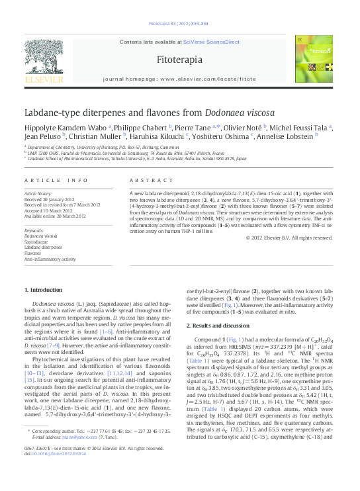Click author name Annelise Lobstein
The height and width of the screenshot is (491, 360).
285,137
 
